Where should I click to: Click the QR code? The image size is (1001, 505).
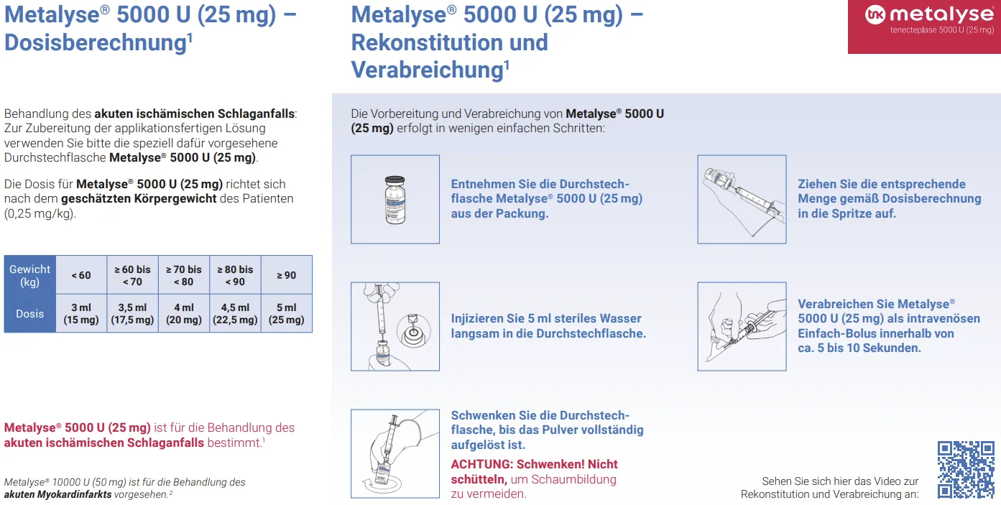966,469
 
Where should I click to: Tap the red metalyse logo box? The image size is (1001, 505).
924,27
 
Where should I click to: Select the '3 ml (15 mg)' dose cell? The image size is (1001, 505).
81,313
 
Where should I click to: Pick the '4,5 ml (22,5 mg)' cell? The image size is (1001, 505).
235,313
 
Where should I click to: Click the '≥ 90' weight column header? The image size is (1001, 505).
287,275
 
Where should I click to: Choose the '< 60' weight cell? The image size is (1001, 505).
81,275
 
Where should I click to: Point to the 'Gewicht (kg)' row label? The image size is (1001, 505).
30,275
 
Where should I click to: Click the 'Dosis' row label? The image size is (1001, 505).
30,313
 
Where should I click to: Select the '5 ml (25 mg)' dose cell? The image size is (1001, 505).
287,313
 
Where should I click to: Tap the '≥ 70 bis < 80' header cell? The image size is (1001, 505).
184,275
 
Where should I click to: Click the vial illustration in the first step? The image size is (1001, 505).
395,199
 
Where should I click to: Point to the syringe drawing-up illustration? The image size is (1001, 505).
742,199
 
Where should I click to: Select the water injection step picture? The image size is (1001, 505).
395,326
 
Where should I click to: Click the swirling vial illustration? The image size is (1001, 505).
395,453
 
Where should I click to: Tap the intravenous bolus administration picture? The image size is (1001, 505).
742,326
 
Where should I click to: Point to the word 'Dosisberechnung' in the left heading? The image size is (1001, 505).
95,43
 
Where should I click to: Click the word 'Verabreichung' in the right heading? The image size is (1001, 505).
428,70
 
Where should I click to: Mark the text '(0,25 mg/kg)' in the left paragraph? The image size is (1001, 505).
40,213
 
